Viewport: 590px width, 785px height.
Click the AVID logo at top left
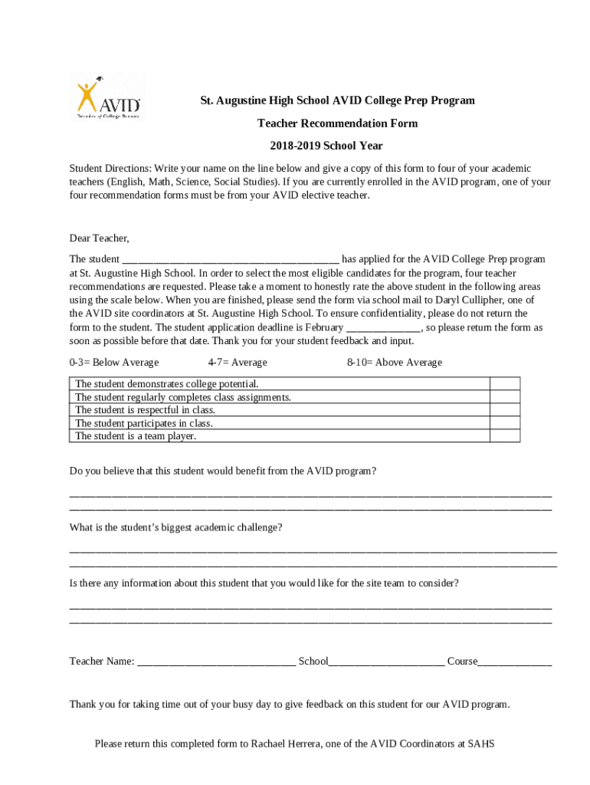(x=108, y=97)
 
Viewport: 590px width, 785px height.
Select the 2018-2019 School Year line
(x=326, y=146)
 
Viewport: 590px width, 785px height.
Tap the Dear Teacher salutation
(x=99, y=238)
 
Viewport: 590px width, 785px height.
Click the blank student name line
(x=230, y=260)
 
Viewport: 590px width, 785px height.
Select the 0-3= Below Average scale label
(x=113, y=363)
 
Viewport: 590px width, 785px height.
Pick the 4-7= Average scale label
(x=238, y=363)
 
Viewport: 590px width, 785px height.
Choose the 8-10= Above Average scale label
(x=394, y=363)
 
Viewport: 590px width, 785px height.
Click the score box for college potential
(x=504, y=383)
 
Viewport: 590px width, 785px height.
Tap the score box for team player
(x=504, y=435)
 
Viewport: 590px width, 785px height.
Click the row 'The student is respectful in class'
(x=145, y=410)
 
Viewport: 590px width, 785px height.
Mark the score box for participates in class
(x=504, y=422)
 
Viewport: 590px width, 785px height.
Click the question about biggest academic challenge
(x=175, y=528)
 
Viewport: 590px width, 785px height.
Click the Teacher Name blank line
(x=216, y=662)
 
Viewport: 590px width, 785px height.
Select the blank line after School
(x=386, y=662)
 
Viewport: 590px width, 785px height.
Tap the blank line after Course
(x=514, y=662)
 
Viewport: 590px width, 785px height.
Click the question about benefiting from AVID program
(x=222, y=471)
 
